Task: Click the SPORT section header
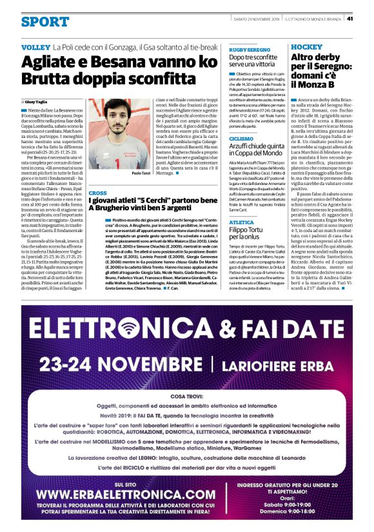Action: [44, 22]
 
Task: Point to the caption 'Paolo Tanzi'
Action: [141, 173]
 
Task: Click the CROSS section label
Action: [97, 193]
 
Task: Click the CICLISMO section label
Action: [241, 139]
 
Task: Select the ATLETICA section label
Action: [241, 221]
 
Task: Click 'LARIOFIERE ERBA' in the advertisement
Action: [284, 364]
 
